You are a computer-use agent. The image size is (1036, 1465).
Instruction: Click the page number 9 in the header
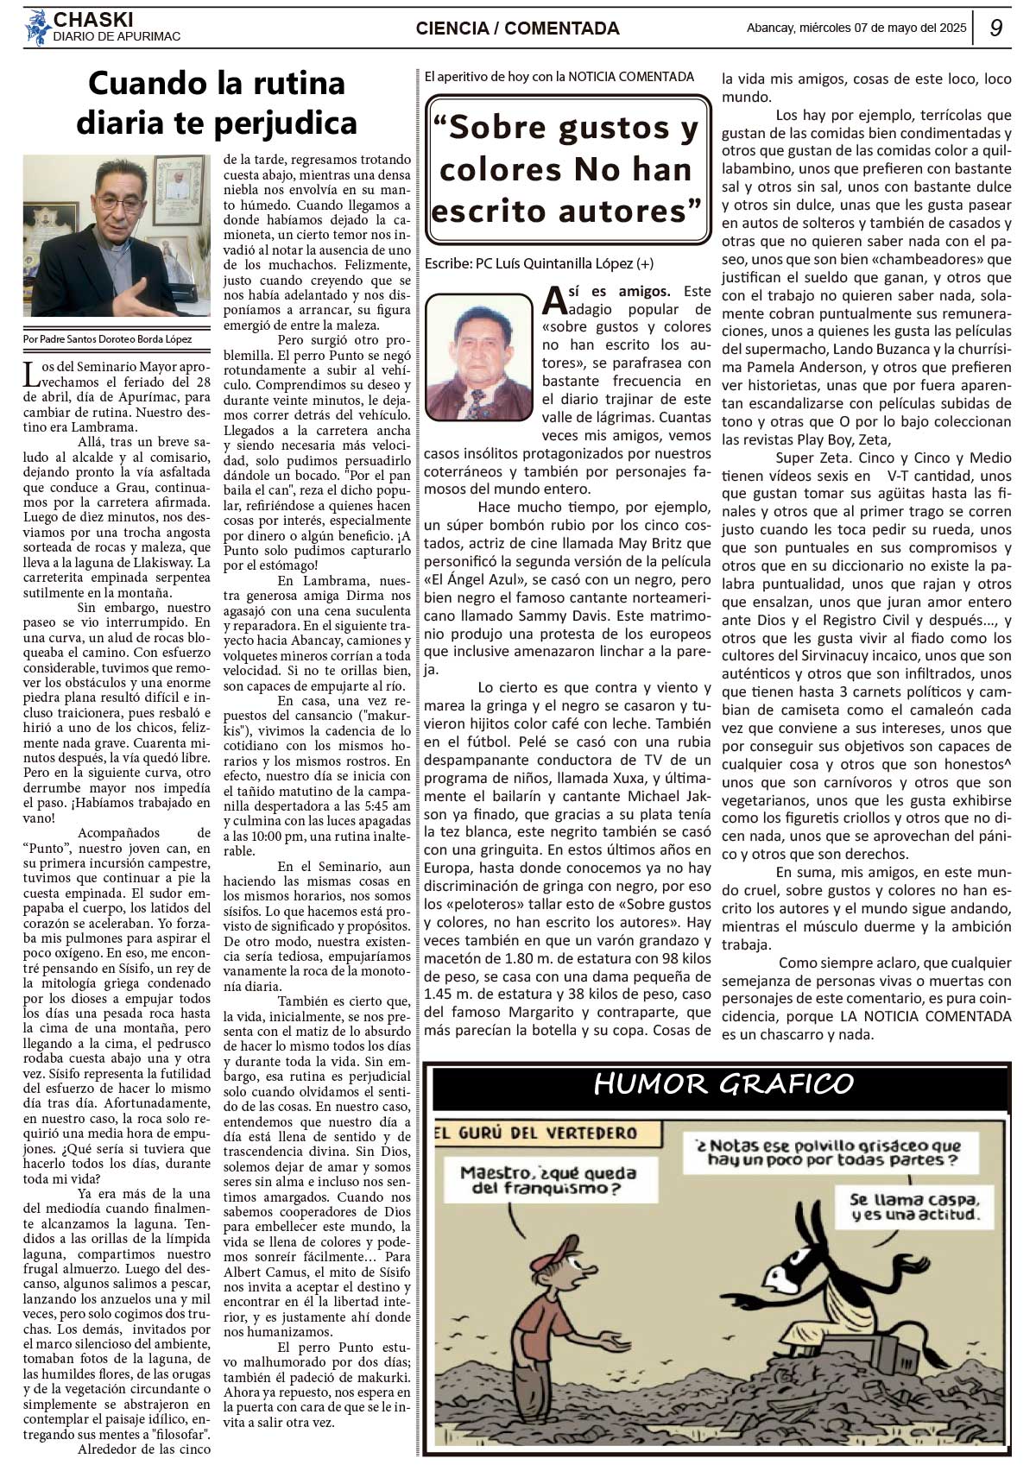995,28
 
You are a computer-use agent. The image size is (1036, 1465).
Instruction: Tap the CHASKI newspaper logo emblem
37,27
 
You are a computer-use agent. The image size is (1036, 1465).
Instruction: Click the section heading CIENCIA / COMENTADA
517,28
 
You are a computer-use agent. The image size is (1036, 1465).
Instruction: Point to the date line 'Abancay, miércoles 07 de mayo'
856,28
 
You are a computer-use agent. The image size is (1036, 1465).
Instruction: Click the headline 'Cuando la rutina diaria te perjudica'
217,103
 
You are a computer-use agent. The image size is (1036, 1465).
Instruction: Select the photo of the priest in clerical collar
116,236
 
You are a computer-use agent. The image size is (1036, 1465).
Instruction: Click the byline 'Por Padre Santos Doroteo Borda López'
108,339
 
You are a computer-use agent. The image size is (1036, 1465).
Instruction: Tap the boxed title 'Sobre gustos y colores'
566,168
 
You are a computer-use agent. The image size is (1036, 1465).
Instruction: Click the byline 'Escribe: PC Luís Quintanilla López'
539,263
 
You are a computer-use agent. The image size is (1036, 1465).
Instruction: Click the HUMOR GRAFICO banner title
723,1083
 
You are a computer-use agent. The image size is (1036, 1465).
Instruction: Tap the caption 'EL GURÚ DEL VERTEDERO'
536,1133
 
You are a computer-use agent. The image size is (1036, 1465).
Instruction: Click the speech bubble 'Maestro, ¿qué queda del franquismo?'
547,1180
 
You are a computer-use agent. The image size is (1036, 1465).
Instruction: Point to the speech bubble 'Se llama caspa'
915,1207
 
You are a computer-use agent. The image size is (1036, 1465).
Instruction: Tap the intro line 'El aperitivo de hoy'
559,76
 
